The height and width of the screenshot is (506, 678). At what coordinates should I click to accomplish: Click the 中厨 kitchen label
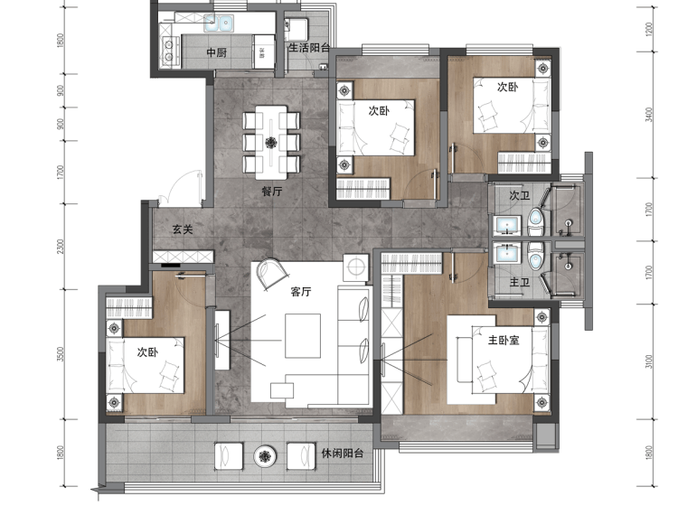pyautogui.click(x=217, y=52)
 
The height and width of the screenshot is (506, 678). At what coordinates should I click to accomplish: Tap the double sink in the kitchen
pyautogui.click(x=219, y=23)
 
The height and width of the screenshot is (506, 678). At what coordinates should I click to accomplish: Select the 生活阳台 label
pyautogui.click(x=309, y=48)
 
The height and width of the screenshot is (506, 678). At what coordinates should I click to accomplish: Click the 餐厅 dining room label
pyautogui.click(x=272, y=191)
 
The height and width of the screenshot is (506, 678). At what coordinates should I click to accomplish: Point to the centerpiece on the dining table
pyautogui.click(x=271, y=142)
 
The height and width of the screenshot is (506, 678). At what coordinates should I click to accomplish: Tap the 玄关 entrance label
pyautogui.click(x=183, y=229)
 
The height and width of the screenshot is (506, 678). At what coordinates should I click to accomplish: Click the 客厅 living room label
pyautogui.click(x=300, y=292)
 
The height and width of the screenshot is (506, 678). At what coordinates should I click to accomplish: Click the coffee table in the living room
pyautogui.click(x=303, y=336)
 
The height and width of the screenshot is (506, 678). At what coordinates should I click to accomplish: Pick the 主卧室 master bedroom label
pyautogui.click(x=504, y=340)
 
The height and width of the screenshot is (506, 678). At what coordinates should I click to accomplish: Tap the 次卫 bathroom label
pyautogui.click(x=519, y=195)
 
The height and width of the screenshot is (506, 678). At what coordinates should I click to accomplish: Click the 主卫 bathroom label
pyautogui.click(x=519, y=282)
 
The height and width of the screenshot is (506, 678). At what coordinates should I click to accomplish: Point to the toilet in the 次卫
pyautogui.click(x=536, y=221)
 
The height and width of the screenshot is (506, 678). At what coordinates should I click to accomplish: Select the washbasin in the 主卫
pyautogui.click(x=507, y=254)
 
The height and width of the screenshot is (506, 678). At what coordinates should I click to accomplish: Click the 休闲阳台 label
pyautogui.click(x=342, y=454)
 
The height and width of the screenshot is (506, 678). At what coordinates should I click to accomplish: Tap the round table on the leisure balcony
pyautogui.click(x=265, y=456)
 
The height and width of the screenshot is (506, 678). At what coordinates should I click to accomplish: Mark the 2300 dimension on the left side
pyautogui.click(x=61, y=247)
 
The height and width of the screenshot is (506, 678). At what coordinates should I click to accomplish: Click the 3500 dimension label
pyautogui.click(x=61, y=354)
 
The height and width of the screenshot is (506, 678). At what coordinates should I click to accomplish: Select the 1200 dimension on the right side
pyautogui.click(x=648, y=30)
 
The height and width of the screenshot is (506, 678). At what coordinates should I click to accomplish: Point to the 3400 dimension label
pyautogui.click(x=648, y=115)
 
